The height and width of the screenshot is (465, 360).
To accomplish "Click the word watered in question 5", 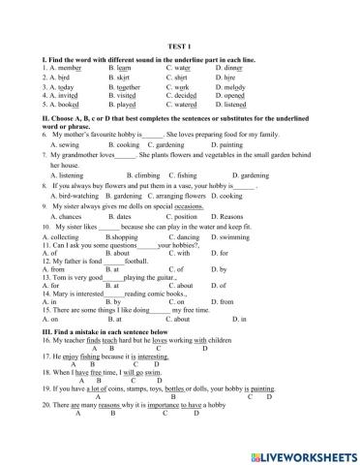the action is (x=189, y=106).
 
